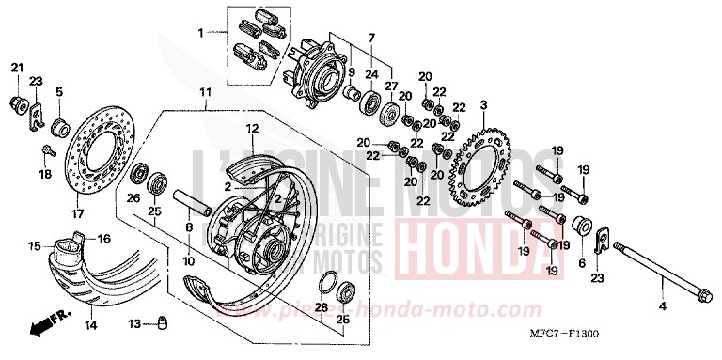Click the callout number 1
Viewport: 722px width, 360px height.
tap(200, 34)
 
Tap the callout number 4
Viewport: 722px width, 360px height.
tap(661, 306)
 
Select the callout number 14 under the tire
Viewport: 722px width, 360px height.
tap(90, 325)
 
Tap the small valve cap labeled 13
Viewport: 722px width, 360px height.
tap(159, 323)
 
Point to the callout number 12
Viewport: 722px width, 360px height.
tap(253, 128)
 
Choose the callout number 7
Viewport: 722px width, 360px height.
tap(371, 37)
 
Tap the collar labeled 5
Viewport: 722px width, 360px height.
tap(59, 124)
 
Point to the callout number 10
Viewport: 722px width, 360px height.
tap(189, 260)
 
